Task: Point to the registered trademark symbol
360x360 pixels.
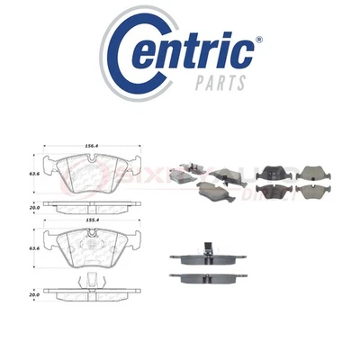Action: tap(258, 40)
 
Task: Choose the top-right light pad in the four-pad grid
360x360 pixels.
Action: tap(310, 173)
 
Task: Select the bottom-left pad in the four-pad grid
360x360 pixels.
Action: tap(273, 191)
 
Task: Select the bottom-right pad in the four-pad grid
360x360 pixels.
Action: tap(310, 191)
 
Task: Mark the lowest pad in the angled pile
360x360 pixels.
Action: tap(212, 190)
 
